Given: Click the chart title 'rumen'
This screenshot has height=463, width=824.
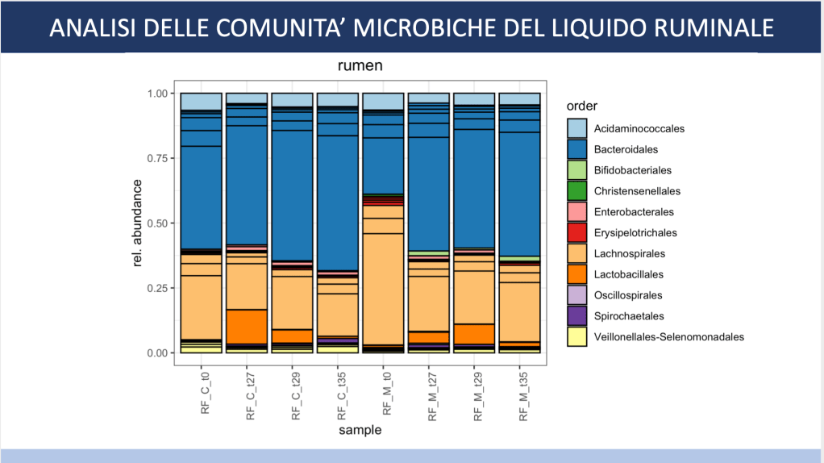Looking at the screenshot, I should pos(360,66).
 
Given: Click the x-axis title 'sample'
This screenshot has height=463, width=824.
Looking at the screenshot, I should pos(360,431).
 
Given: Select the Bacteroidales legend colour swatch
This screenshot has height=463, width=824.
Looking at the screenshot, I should pos(576,149).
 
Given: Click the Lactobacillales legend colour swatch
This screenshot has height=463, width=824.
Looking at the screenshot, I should pos(576,274).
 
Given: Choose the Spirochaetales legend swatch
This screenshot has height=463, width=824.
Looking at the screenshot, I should pos(576,316).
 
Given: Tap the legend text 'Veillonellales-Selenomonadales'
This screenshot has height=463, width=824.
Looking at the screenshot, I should pos(668,337).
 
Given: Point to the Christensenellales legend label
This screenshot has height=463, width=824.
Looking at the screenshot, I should pos(637,191).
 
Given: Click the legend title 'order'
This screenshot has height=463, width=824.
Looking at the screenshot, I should pos(581,106).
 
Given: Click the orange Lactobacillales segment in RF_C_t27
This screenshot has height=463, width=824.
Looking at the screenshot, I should pos(247,327).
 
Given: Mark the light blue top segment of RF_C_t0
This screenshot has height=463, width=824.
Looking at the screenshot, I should pos(201,102).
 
